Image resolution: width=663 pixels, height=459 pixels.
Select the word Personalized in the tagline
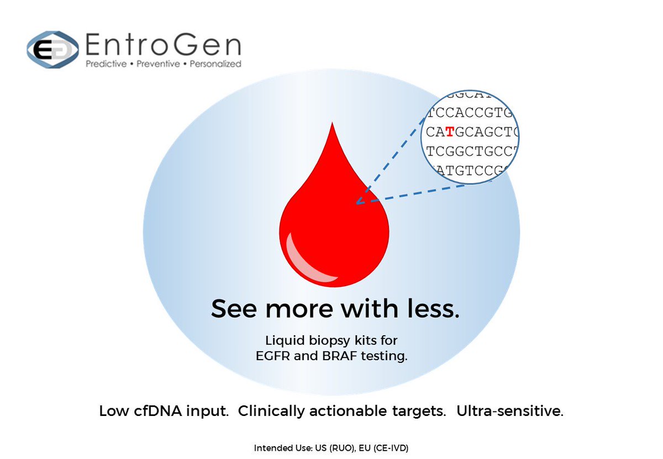(x=215, y=64)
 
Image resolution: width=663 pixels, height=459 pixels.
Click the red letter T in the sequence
(x=451, y=132)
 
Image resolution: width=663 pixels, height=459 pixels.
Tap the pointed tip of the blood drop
(x=331, y=125)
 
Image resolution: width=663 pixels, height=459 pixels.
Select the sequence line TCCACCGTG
(x=472, y=114)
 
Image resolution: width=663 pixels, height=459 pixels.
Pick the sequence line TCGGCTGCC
(x=472, y=150)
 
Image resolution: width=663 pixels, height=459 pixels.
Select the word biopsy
(x=329, y=339)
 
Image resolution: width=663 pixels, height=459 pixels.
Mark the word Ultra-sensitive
(x=509, y=411)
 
